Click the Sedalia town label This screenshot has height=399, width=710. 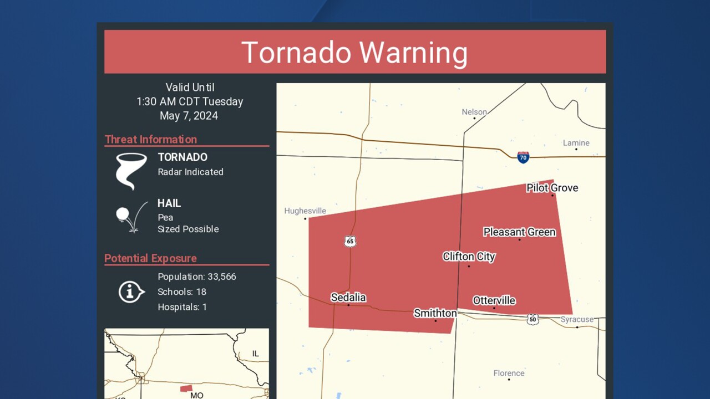[348, 298]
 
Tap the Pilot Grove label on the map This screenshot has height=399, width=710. [552, 188]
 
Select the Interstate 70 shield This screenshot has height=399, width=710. [523, 157]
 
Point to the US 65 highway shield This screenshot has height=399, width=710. [349, 241]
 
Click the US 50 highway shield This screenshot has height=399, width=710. [532, 320]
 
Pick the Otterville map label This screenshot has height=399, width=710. [494, 300]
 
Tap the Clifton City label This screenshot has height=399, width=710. [469, 257]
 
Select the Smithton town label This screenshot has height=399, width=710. [435, 313]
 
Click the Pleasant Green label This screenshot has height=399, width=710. [519, 232]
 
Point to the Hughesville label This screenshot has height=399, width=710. [305, 211]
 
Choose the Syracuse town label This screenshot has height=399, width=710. [577, 319]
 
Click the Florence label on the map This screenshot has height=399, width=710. [509, 373]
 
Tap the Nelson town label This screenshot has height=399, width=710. [474, 112]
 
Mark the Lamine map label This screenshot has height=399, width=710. [576, 143]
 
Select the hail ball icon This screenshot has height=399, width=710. [123, 214]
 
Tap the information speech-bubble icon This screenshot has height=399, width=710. [131, 291]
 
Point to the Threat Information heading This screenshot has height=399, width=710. [151, 140]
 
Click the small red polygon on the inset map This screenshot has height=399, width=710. [186, 388]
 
